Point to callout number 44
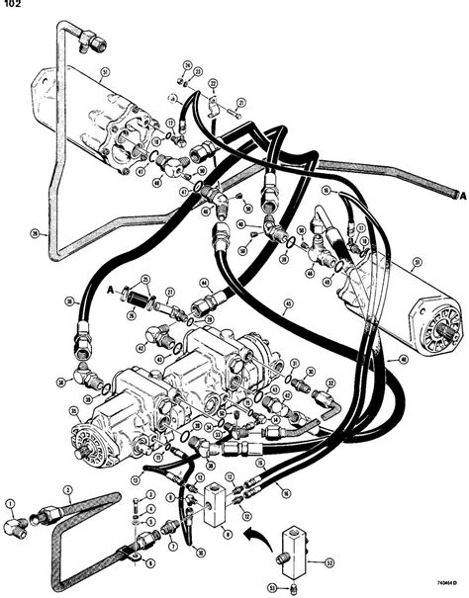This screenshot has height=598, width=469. tap(202, 282)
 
